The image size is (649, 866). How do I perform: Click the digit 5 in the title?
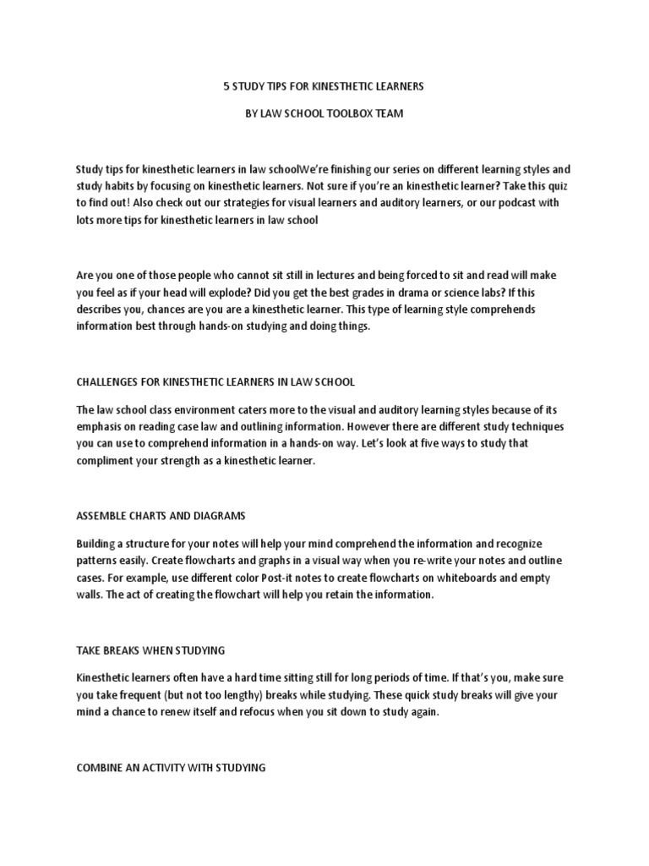point(226,86)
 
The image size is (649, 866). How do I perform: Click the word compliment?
point(105,461)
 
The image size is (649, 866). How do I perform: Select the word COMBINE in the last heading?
point(99,767)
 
